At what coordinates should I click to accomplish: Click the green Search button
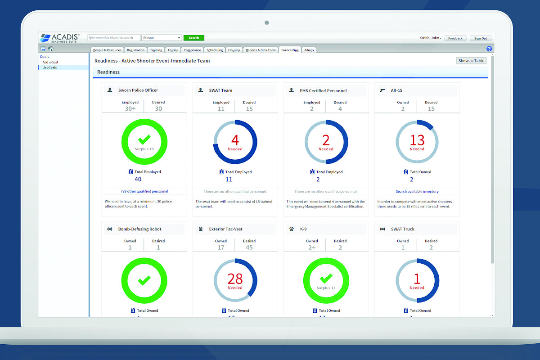click(194, 38)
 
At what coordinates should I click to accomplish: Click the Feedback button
click(455, 38)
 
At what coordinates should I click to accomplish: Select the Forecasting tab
click(290, 50)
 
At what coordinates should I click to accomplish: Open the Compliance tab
click(192, 50)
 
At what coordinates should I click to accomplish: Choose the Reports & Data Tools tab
click(261, 50)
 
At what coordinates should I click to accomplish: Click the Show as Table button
click(471, 61)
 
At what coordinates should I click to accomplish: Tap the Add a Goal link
click(50, 62)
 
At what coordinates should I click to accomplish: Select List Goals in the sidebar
click(49, 67)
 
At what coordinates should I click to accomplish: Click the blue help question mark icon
click(489, 49)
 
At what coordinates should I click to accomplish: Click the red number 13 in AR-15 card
click(417, 140)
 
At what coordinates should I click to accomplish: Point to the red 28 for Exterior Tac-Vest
click(235, 279)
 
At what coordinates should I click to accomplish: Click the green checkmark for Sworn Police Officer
click(144, 139)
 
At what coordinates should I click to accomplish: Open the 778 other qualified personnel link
click(144, 191)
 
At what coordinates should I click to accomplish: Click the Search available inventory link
click(417, 191)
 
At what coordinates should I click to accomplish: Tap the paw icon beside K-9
click(292, 229)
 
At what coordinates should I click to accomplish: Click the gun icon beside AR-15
click(382, 90)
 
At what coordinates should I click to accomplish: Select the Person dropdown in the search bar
click(162, 38)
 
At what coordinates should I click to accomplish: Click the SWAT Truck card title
click(402, 229)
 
